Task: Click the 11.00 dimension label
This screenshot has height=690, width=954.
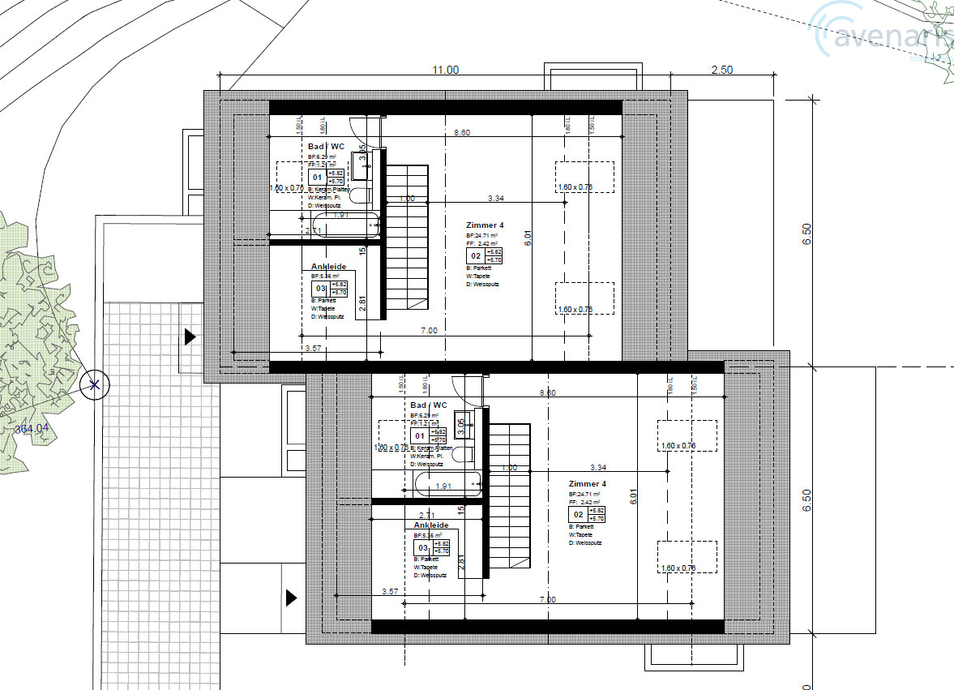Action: [445, 71]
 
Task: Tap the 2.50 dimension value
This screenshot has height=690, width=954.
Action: [721, 71]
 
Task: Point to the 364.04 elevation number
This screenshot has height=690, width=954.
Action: [32, 429]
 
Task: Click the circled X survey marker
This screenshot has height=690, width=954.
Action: [95, 384]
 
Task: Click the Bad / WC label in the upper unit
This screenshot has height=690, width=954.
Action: [326, 147]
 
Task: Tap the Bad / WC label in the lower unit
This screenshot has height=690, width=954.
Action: [429, 405]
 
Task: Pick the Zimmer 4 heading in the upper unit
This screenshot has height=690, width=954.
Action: [484, 225]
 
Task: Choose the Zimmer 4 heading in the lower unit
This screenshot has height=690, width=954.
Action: [587, 484]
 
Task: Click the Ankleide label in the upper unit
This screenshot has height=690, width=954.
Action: [328, 267]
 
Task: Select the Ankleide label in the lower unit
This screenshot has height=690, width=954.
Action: [431, 525]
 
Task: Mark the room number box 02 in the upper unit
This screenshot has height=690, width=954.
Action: [477, 256]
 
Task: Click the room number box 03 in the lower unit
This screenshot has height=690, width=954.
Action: [422, 548]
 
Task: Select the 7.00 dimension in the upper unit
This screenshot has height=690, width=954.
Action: [429, 331]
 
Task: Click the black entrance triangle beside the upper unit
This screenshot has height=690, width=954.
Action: [190, 336]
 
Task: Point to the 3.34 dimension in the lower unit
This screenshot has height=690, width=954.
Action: [598, 468]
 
